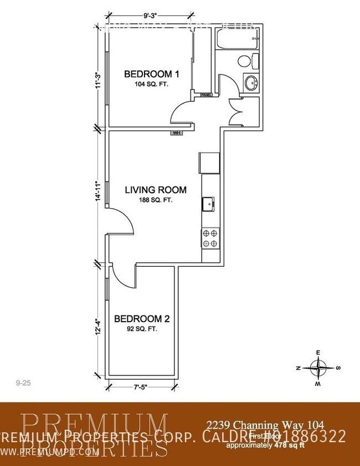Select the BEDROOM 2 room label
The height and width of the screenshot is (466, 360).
click(141, 319)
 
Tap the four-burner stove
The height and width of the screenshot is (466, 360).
click(210, 239)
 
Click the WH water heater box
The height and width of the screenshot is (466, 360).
click(177, 133)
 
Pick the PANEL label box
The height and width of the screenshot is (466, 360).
click(206, 95)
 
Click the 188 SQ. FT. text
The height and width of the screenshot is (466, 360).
click(156, 200)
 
